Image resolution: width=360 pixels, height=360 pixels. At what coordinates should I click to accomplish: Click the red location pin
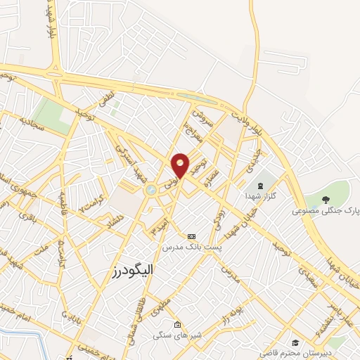[181, 165]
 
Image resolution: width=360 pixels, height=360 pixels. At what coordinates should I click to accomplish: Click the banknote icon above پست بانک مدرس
[192, 236]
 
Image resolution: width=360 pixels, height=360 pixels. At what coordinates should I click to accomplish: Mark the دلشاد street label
[112, 220]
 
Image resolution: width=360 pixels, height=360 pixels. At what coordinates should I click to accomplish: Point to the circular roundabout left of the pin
[150, 189]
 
